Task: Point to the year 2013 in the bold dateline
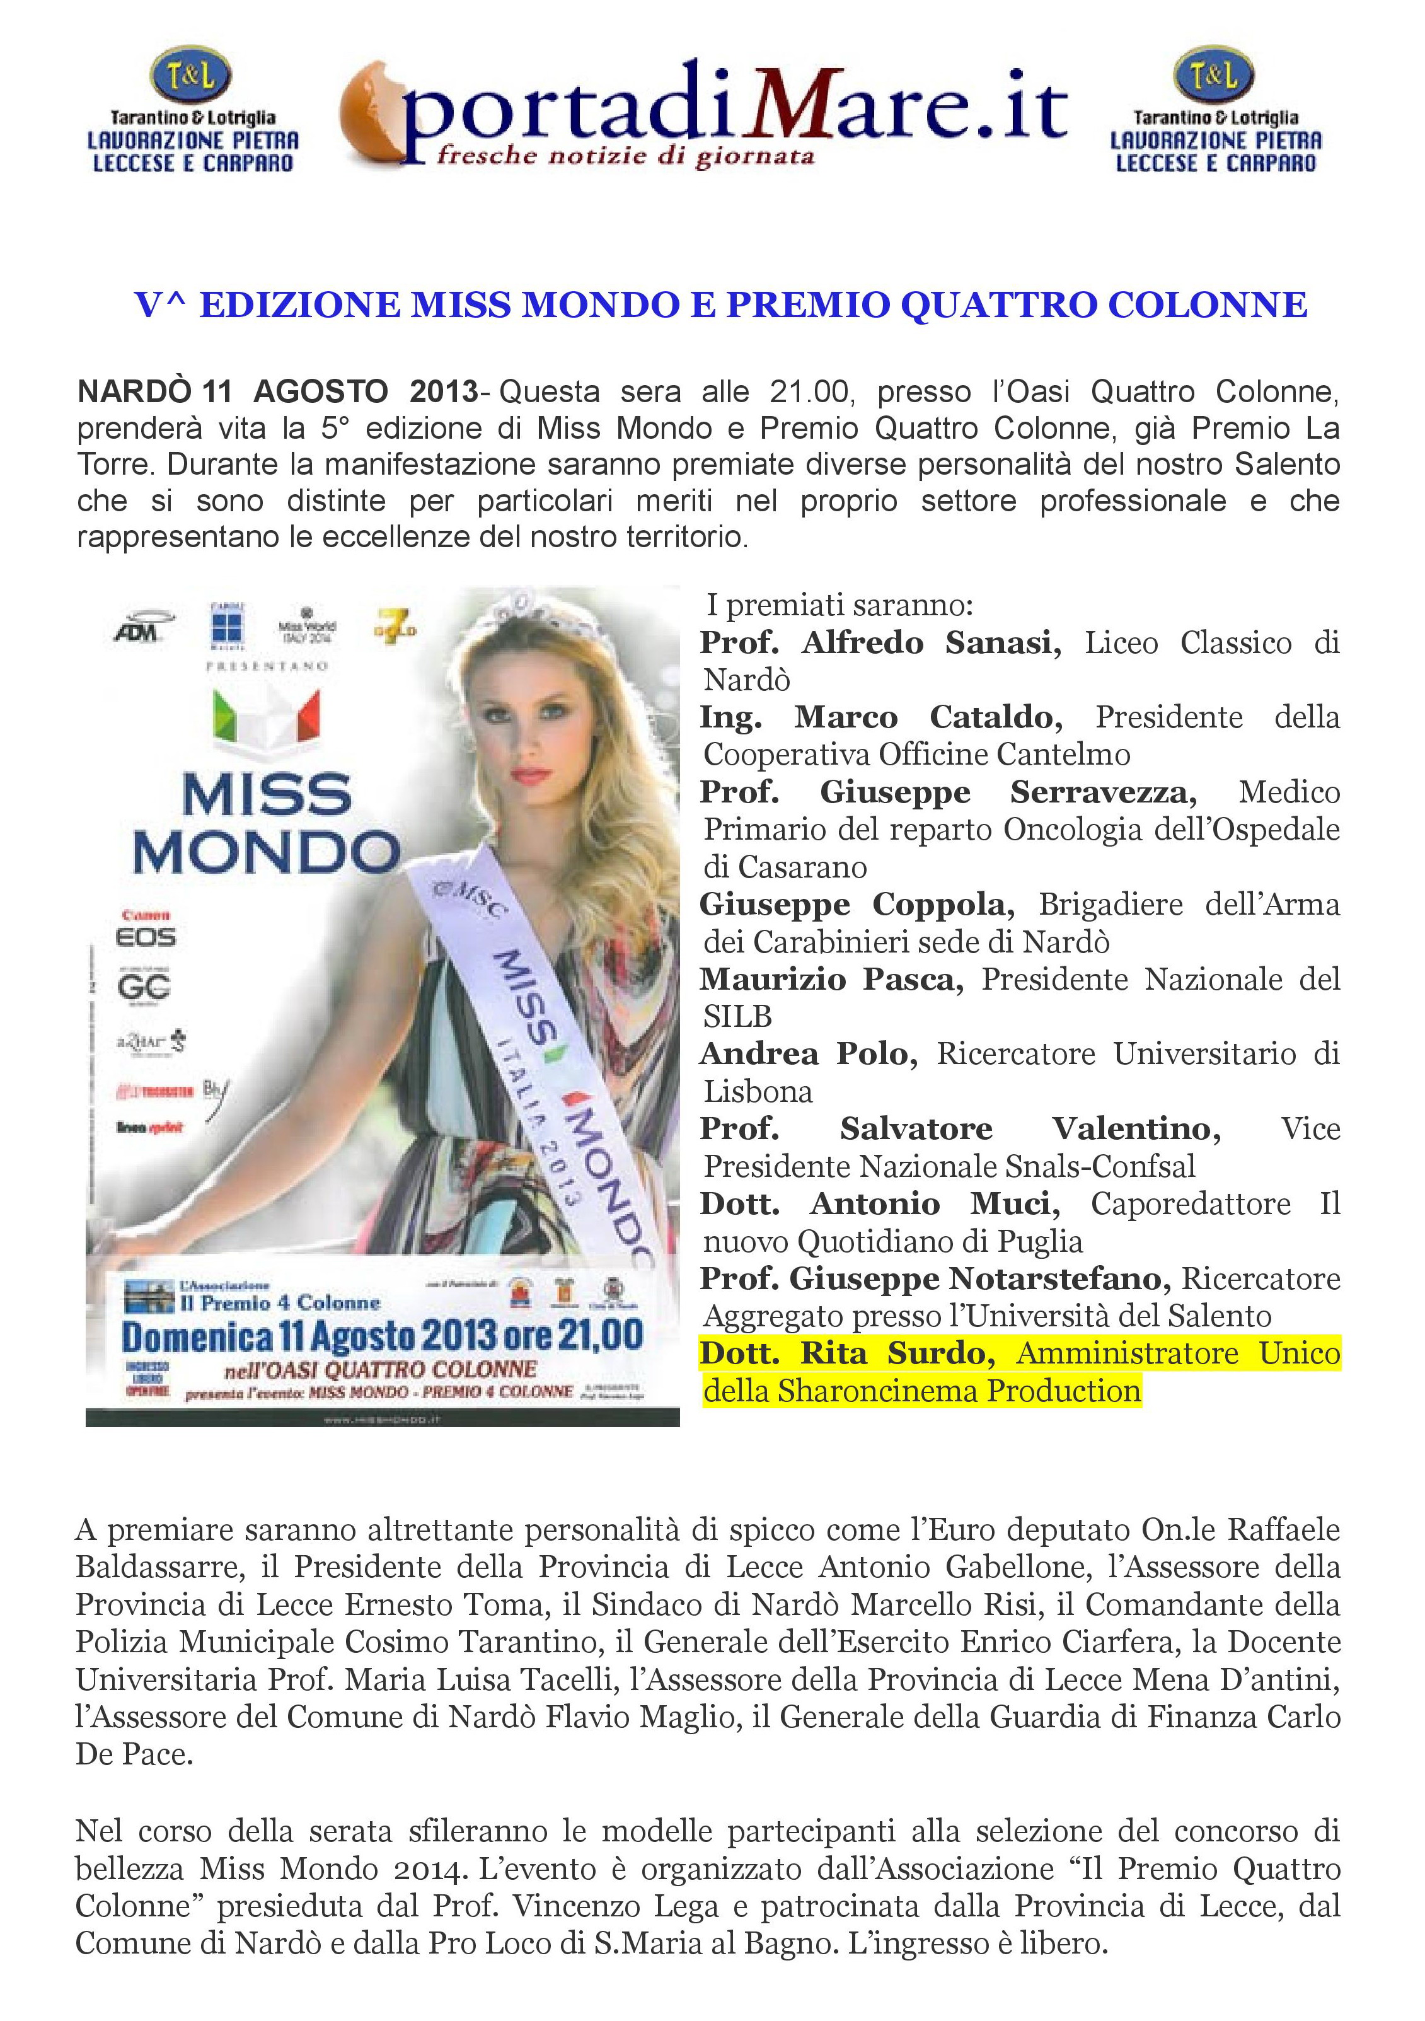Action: click(x=444, y=391)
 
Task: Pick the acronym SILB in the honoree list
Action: click(x=737, y=1017)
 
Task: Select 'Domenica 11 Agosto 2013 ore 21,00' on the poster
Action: click(x=382, y=1336)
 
